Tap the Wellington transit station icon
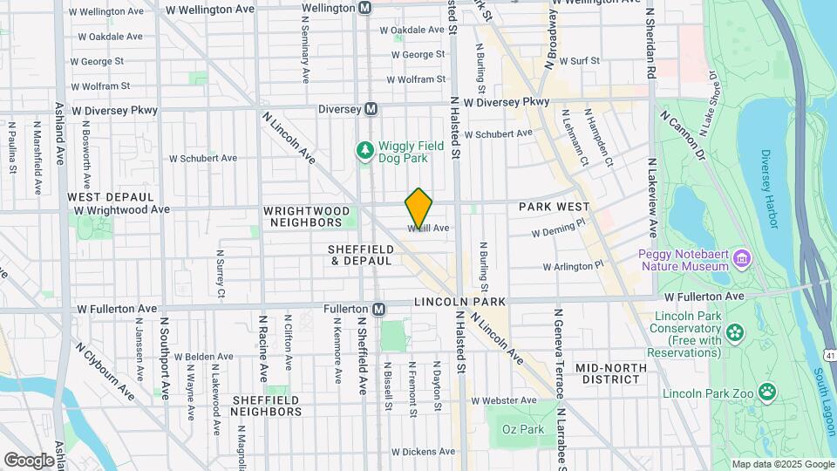(365, 8)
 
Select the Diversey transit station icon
(371, 109)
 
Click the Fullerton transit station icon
(378, 309)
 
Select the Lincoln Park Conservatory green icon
(734, 331)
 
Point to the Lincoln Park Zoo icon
(766, 392)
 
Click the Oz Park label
(521, 429)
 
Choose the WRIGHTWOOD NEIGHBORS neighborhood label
(307, 216)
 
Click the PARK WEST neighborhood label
(554, 207)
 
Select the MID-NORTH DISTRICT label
(610, 373)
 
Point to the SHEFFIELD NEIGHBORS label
(266, 406)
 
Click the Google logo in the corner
(29, 460)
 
